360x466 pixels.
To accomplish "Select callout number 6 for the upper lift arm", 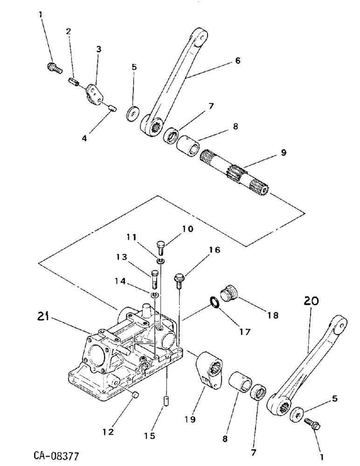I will point(237,61).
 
